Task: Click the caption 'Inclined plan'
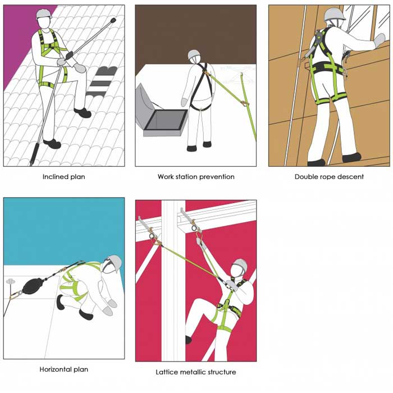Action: tap(63, 177)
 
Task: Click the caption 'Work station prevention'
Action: tap(196, 177)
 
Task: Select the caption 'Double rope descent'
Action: tap(329, 177)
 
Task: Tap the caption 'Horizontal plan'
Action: tap(63, 369)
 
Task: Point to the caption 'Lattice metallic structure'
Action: tap(196, 372)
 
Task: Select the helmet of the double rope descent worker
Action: tap(335, 14)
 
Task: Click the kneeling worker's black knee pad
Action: tap(61, 302)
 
